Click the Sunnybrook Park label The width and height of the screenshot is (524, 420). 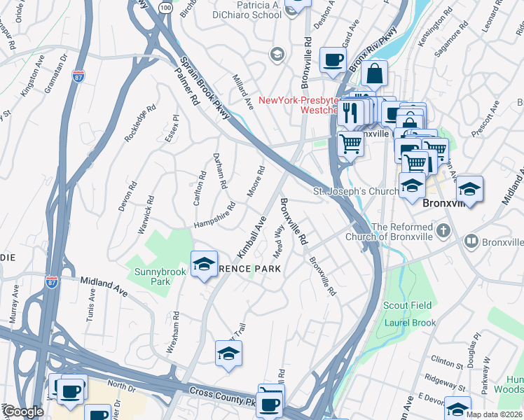(x=151, y=275)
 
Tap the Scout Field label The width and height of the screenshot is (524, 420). (x=408, y=306)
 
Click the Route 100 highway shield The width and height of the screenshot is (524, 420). (x=165, y=7)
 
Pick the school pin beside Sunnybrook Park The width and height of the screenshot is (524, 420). (x=204, y=264)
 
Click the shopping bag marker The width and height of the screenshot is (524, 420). (x=375, y=73)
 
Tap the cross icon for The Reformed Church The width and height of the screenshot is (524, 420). (x=443, y=230)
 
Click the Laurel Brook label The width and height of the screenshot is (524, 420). (x=410, y=323)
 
